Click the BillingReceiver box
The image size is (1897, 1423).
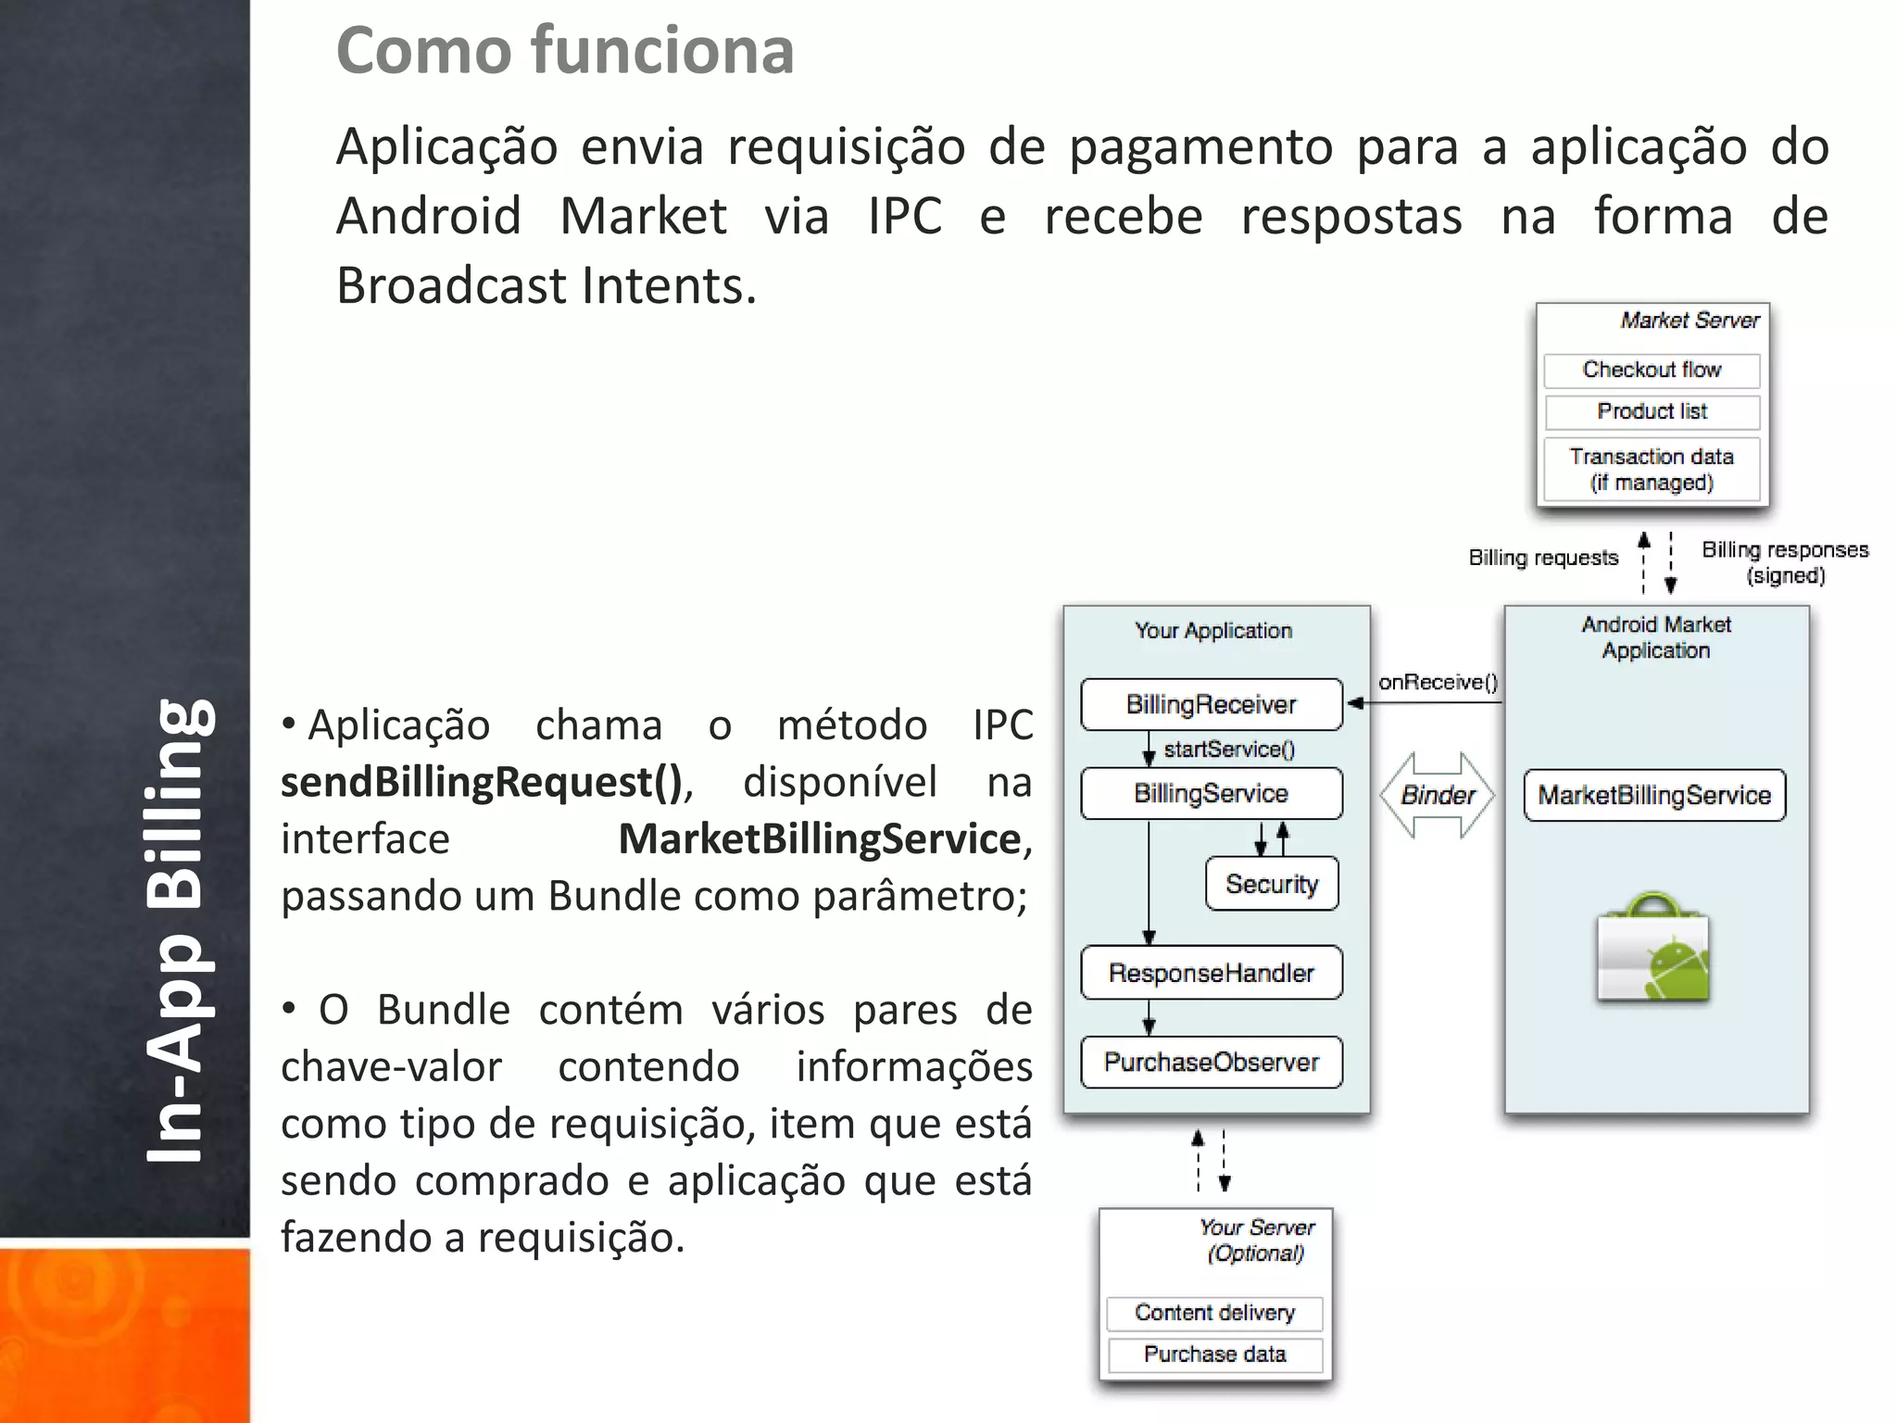tap(1211, 704)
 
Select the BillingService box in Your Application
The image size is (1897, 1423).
tap(1211, 793)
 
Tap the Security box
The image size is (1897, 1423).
tap(1272, 884)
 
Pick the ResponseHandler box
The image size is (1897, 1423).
tap(1211, 973)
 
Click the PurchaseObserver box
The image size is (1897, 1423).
tap(1211, 1062)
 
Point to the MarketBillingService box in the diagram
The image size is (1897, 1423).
tap(1654, 795)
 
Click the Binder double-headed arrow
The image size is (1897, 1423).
tap(1438, 795)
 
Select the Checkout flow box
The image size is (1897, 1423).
tap(1652, 370)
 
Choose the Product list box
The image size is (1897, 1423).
tap(1652, 411)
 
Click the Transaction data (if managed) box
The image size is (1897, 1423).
tap(1652, 469)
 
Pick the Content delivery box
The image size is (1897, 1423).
tap(1214, 1313)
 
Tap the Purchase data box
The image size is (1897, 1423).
tap(1214, 1354)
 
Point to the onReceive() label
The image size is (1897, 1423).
tap(1438, 682)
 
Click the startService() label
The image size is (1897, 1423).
tap(1229, 749)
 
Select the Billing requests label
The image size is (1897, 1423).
tap(1543, 558)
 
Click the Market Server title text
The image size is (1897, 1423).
tap(1690, 321)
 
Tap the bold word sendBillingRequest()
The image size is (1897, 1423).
tap(482, 782)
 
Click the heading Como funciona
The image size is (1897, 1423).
tap(565, 50)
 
